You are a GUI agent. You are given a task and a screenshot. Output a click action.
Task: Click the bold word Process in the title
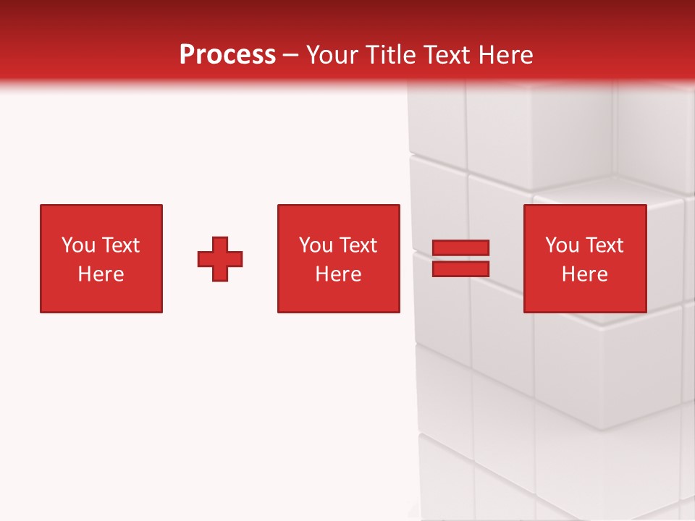pyautogui.click(x=227, y=55)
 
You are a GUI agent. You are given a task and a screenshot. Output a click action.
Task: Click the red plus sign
pyautogui.click(x=220, y=259)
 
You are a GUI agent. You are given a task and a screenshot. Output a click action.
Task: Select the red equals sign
pyautogui.click(x=460, y=258)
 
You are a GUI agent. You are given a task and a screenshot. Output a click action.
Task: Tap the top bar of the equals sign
pyautogui.click(x=460, y=248)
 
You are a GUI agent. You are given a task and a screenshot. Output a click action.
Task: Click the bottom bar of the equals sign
pyautogui.click(x=460, y=268)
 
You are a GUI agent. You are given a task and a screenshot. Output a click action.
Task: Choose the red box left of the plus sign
pyautogui.click(x=101, y=259)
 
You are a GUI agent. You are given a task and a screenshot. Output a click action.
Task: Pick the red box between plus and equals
pyautogui.click(x=338, y=259)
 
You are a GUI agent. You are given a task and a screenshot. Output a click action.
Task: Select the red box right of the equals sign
pyautogui.click(x=585, y=259)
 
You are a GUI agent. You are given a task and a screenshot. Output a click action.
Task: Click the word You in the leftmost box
pyautogui.click(x=78, y=245)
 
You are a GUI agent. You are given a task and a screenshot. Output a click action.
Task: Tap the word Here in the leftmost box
pyautogui.click(x=101, y=274)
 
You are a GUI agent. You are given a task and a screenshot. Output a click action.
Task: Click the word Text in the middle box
pyautogui.click(x=358, y=245)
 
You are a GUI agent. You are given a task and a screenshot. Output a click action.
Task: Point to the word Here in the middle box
pyautogui.click(x=338, y=274)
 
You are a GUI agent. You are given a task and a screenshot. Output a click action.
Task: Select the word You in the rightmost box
pyautogui.click(x=562, y=245)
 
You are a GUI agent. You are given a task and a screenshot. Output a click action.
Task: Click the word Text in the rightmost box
pyautogui.click(x=605, y=245)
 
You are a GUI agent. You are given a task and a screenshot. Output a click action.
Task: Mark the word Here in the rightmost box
pyautogui.click(x=585, y=274)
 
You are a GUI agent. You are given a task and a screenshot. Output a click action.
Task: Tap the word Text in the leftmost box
pyautogui.click(x=121, y=245)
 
